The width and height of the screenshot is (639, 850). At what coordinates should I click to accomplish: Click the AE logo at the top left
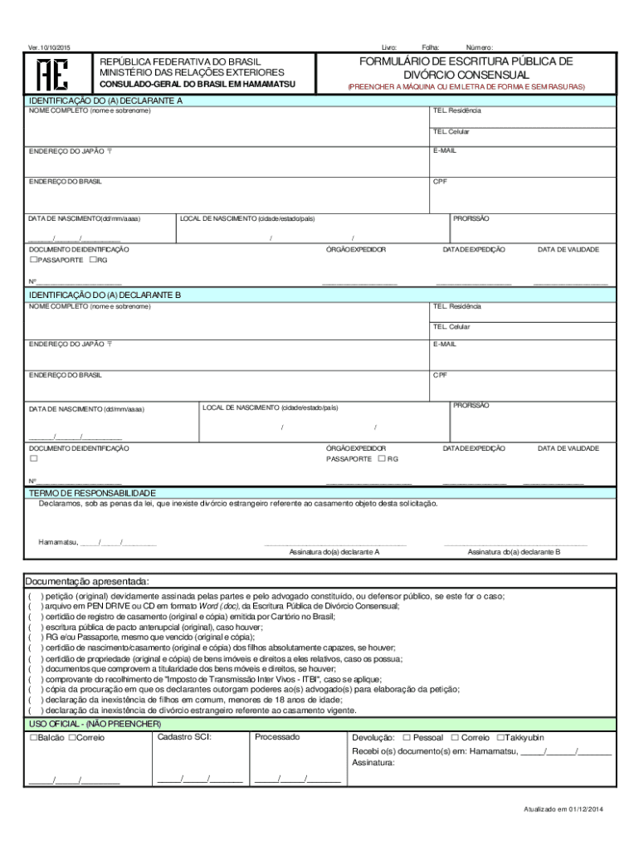click(x=43, y=75)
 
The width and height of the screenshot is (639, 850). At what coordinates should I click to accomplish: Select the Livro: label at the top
click(x=389, y=47)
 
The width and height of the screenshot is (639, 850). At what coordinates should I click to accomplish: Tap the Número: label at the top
click(x=480, y=47)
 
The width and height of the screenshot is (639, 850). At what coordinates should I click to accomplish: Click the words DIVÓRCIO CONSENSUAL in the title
click(x=466, y=75)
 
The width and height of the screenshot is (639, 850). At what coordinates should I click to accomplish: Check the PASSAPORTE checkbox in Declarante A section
click(x=33, y=260)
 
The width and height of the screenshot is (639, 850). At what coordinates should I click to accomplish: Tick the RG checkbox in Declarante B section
click(x=382, y=458)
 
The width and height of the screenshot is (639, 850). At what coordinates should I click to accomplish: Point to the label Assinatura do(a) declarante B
click(x=514, y=551)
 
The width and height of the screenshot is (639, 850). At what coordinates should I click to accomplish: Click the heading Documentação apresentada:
click(x=86, y=580)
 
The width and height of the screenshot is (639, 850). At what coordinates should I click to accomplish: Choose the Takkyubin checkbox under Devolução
click(x=500, y=738)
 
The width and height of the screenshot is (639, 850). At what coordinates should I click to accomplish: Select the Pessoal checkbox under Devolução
click(x=407, y=738)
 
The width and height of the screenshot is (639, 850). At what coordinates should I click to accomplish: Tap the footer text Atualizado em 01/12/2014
click(x=563, y=809)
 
